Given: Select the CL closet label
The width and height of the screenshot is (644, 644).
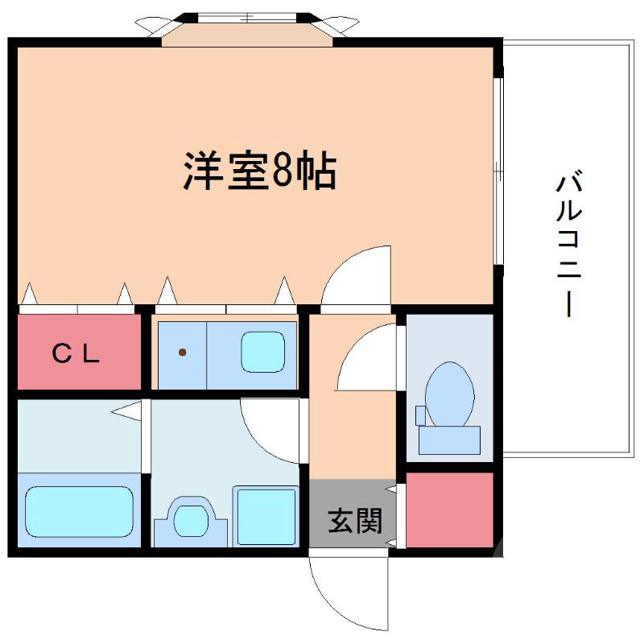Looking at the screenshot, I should tap(76, 353).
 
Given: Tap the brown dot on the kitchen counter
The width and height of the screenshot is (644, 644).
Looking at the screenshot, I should tap(184, 352).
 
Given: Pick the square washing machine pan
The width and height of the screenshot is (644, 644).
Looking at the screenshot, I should tap(266, 515).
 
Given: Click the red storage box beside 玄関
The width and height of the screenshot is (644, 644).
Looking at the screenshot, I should tap(449, 510).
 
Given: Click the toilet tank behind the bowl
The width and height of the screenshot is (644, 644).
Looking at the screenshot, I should tap(448, 440).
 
